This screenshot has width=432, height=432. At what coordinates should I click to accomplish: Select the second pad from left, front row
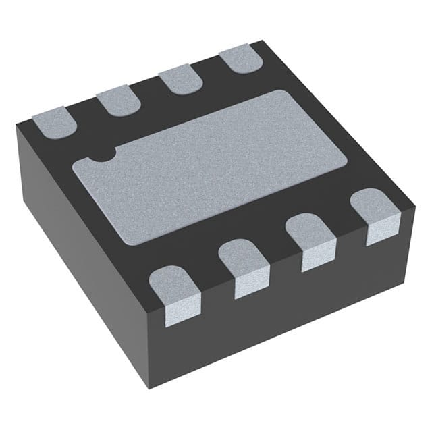pyautogui.click(x=244, y=267)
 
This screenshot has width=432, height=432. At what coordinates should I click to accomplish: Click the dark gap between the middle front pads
pyautogui.click(x=278, y=260)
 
